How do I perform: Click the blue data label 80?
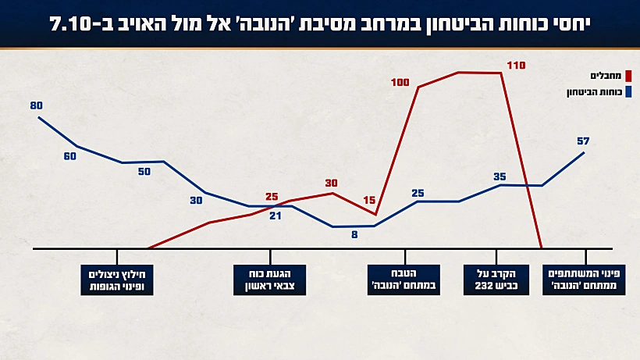(37, 105)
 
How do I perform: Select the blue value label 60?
(70, 156)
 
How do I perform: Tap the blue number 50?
(144, 172)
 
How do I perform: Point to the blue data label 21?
(275, 216)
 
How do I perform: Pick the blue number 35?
(500, 177)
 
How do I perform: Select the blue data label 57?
(582, 141)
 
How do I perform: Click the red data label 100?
(401, 82)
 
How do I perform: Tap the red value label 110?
(517, 66)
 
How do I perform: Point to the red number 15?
(370, 200)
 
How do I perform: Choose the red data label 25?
(272, 197)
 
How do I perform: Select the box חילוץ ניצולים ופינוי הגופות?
(117, 280)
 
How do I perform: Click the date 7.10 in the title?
(74, 23)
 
